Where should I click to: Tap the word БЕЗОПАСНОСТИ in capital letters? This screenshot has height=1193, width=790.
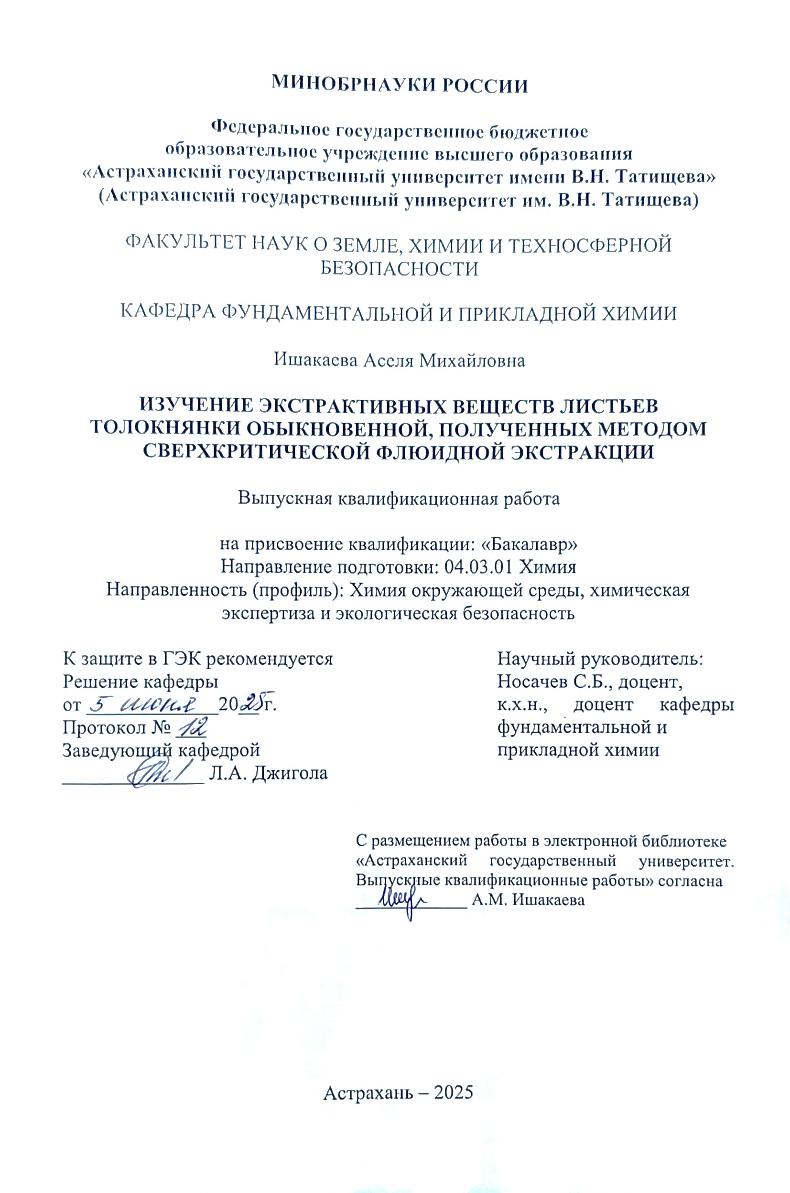[400, 269]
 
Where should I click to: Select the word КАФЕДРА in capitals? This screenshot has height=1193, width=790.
[168, 313]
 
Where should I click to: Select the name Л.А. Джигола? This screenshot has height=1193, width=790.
[268, 773]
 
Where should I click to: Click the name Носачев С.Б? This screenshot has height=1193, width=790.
[555, 682]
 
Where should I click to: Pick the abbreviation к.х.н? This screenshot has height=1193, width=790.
[521, 705]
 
